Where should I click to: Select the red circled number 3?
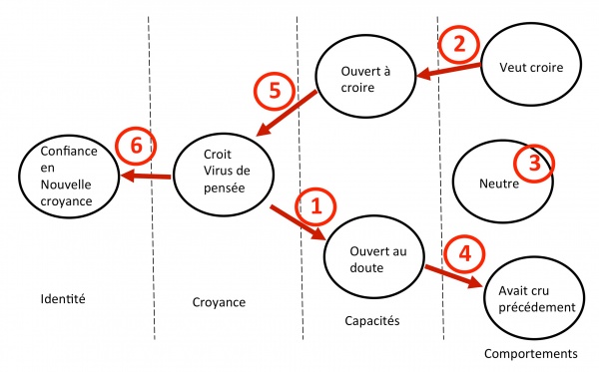click(x=534, y=165)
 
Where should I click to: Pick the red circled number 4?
click(x=462, y=254)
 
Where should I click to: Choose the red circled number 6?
click(x=137, y=147)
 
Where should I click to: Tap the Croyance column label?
click(x=217, y=300)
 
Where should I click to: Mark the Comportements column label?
click(x=530, y=353)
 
